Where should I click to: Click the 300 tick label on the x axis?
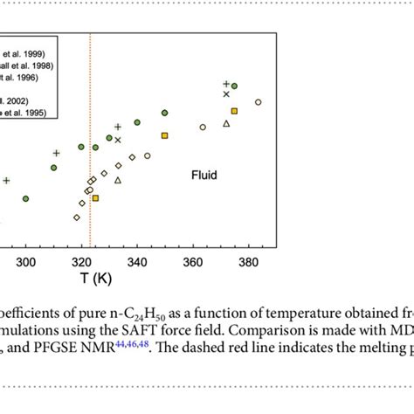(26, 261)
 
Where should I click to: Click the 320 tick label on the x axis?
(81, 261)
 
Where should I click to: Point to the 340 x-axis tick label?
(137, 261)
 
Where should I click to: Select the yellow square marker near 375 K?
(234, 111)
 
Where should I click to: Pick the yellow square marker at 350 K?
(164, 135)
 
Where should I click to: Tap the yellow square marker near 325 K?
(95, 198)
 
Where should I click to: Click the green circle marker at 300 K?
(26, 199)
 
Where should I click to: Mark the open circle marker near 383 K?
(258, 102)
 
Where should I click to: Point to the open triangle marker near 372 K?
(226, 124)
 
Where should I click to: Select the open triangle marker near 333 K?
(118, 180)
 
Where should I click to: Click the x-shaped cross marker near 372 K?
(226, 93)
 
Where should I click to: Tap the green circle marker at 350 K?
(164, 113)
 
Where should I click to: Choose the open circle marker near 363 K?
(203, 127)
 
